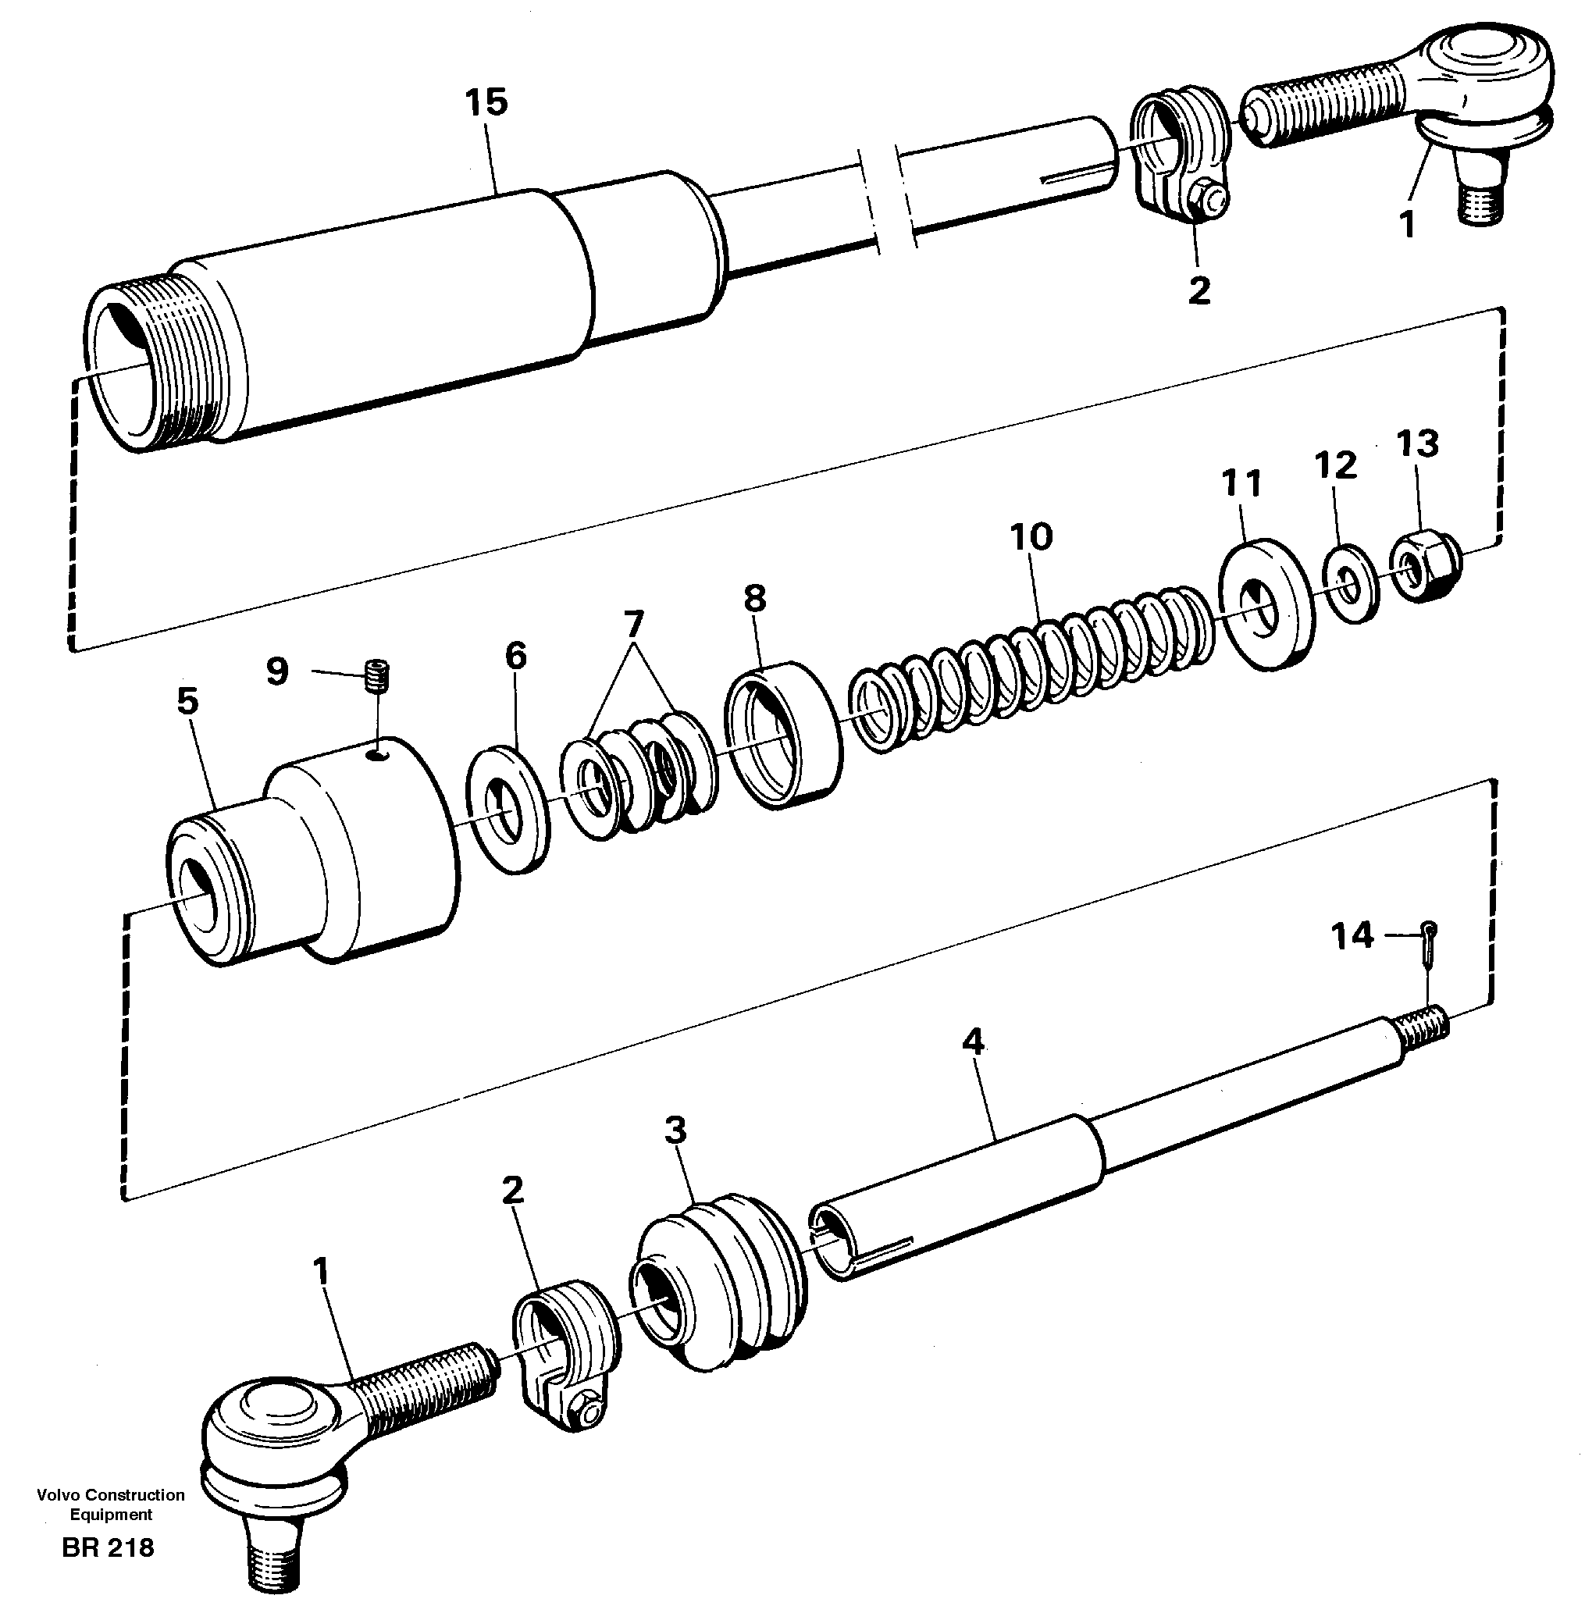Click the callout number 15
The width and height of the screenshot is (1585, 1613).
pyautogui.click(x=486, y=103)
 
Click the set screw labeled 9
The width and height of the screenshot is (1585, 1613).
pyautogui.click(x=379, y=673)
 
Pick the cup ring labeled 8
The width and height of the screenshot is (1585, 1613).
pyautogui.click(x=781, y=732)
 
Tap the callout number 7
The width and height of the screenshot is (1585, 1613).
pyautogui.click(x=633, y=622)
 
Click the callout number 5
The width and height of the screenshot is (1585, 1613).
pyautogui.click(x=188, y=702)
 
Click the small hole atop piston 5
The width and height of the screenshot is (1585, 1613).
pyautogui.click(x=379, y=754)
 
